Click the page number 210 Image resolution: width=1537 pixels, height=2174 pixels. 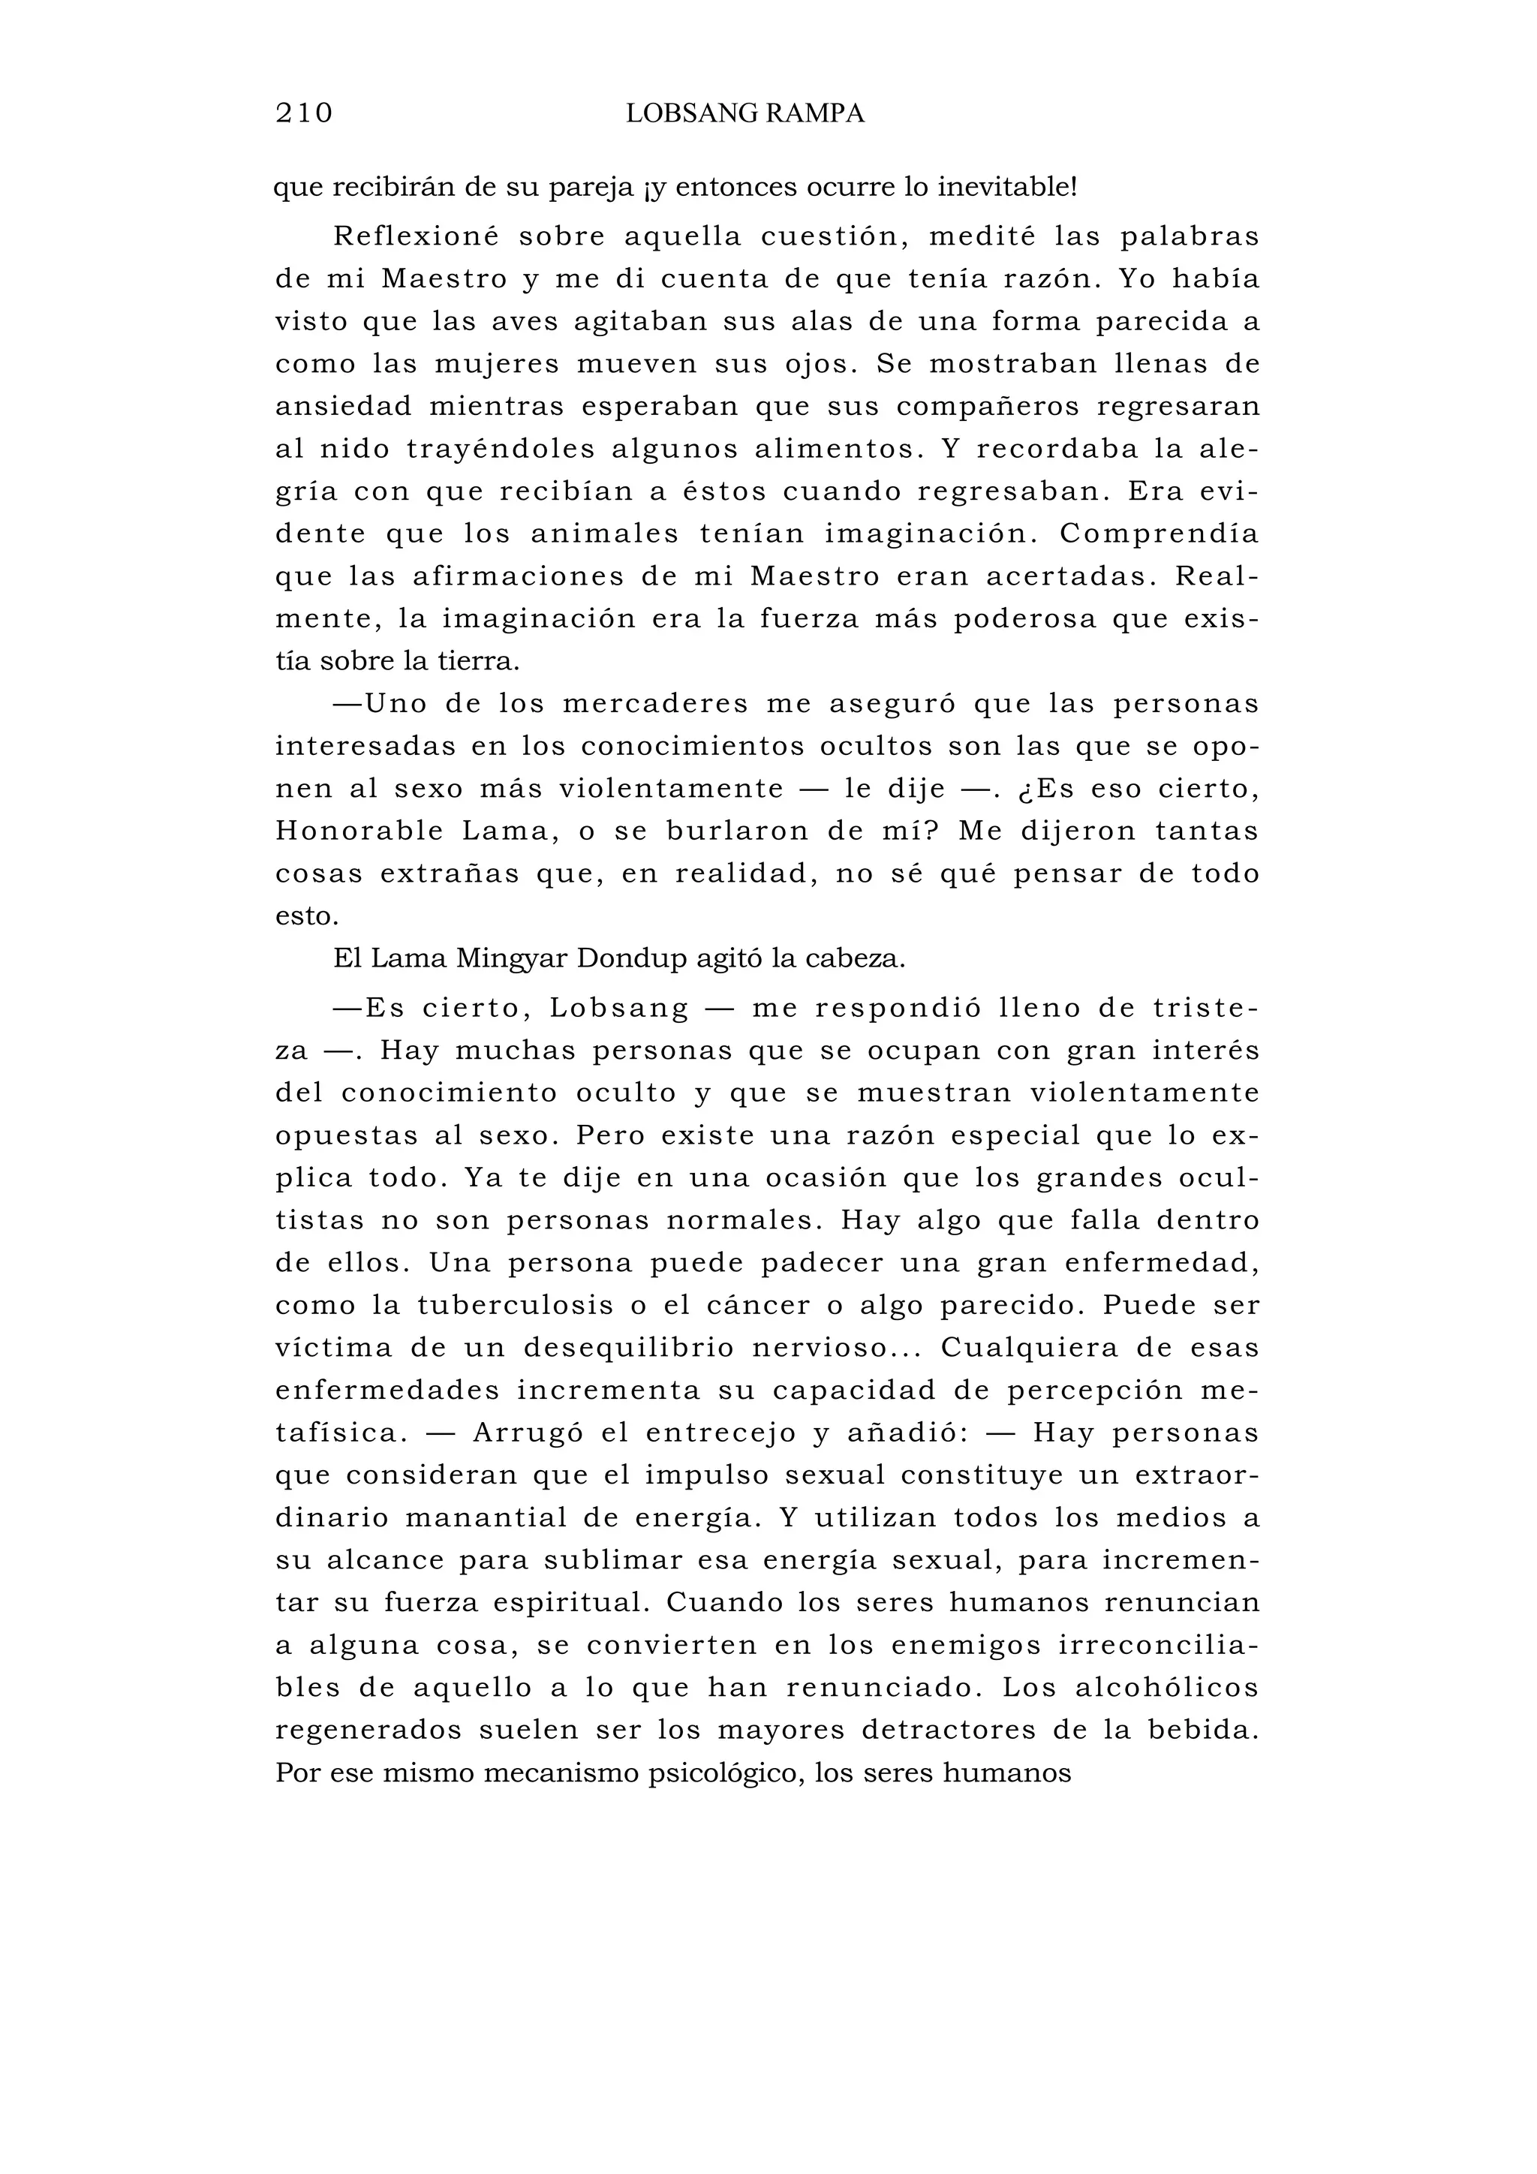pos(304,113)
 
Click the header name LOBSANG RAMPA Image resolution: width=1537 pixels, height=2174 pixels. pos(744,113)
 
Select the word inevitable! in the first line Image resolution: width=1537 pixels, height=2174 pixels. pos(1006,187)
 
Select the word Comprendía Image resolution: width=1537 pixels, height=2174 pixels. pos(1160,534)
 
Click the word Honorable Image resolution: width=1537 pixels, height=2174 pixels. pos(360,831)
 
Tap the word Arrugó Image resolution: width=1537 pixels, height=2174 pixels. pos(528,1433)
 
